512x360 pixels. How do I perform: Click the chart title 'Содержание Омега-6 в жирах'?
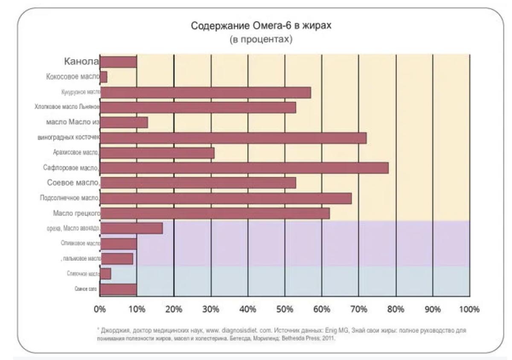(261, 26)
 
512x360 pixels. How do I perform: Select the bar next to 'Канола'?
(118, 62)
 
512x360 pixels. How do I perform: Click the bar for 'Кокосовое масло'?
(104, 77)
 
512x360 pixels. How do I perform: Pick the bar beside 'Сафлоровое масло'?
(244, 168)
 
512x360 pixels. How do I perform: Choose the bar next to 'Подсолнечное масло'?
(226, 198)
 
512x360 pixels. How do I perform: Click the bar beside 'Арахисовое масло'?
(157, 152)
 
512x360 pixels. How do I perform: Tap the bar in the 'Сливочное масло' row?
(105, 274)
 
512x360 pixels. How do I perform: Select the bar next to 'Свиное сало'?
(118, 289)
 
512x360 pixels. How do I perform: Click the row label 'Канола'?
(81, 62)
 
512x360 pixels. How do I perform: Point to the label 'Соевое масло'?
(73, 183)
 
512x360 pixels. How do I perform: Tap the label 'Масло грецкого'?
(76, 213)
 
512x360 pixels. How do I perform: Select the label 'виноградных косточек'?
(69, 138)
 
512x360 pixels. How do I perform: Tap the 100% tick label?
(469, 309)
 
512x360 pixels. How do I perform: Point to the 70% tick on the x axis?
(358, 309)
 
